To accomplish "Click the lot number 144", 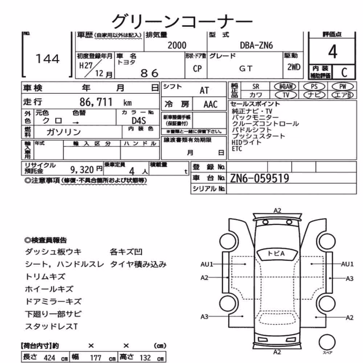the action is [48, 59].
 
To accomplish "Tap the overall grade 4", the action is [333, 52].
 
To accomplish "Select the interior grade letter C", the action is [344, 73].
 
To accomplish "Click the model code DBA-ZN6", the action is [256, 45].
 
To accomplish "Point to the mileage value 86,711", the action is [96, 102].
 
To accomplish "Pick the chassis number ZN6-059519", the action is [260, 178].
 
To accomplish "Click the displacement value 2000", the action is [177, 45].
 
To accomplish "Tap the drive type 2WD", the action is [294, 67].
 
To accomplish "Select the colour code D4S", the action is [139, 121].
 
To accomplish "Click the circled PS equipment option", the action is [314, 87].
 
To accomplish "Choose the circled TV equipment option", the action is [286, 95].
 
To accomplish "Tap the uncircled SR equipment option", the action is [256, 87].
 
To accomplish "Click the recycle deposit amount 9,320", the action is [82, 170].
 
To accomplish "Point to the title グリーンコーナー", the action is [182, 21].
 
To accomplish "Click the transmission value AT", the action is [204, 90].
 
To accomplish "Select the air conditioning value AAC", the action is [211, 105].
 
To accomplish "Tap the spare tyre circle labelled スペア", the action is [327, 342].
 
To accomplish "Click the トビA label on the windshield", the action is [276, 253].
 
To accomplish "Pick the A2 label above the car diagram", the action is [277, 211].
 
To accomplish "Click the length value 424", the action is [49, 358].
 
